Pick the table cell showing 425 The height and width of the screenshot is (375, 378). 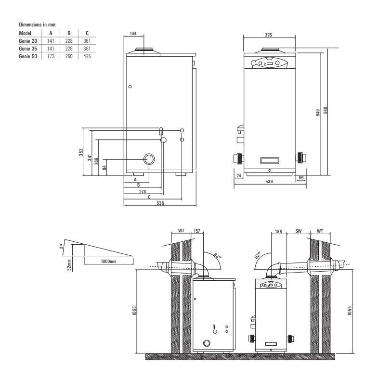87,56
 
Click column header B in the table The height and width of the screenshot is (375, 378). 69,34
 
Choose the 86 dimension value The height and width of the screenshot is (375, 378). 301,177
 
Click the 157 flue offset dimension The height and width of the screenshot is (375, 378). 196,231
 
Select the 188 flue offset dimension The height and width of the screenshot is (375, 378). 278,231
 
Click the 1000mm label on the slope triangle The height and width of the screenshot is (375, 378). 108,261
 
